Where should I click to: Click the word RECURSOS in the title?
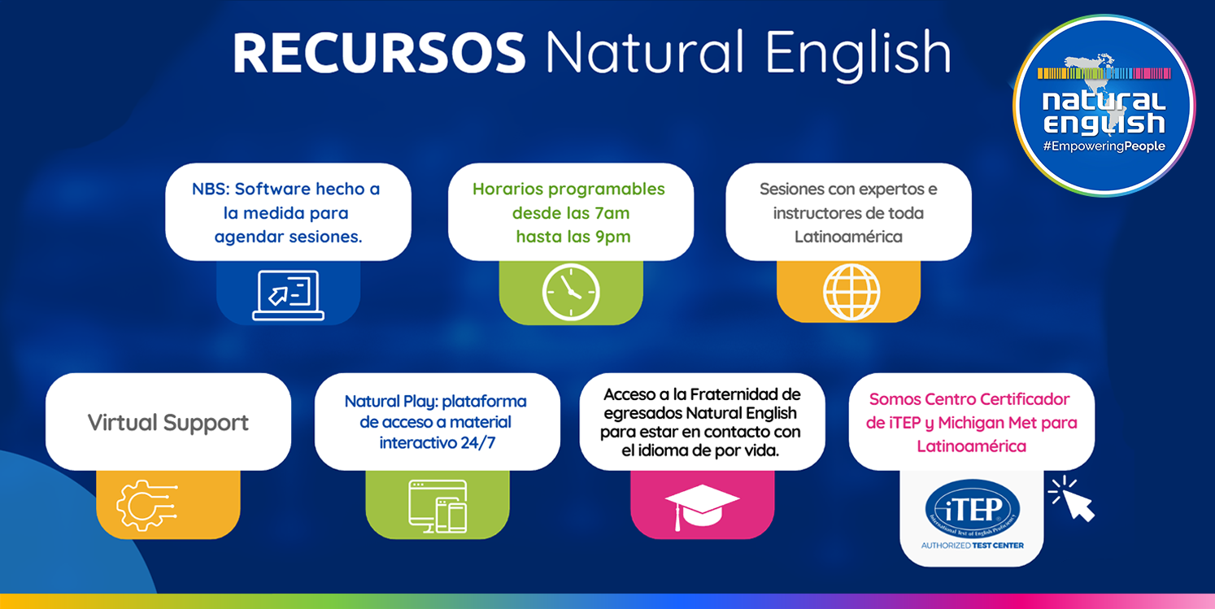pyautogui.click(x=379, y=53)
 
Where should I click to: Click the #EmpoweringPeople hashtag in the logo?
pyautogui.click(x=1104, y=146)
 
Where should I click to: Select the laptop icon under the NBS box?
pyautogui.click(x=288, y=295)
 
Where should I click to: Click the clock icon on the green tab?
pyautogui.click(x=571, y=292)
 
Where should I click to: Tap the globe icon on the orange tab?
pyautogui.click(x=851, y=292)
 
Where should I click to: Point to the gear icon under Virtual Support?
pyautogui.click(x=146, y=506)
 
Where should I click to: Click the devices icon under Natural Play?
pyautogui.click(x=438, y=507)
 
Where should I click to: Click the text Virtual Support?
pyautogui.click(x=168, y=423)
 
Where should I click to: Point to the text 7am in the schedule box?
pyautogui.click(x=612, y=213)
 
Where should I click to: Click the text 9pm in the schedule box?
pyautogui.click(x=613, y=237)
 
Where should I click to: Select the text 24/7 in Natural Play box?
pyautogui.click(x=477, y=443)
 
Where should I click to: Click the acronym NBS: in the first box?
pyautogui.click(x=211, y=189)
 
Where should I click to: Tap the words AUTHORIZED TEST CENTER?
pyautogui.click(x=972, y=546)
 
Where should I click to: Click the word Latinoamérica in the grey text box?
pyautogui.click(x=848, y=237)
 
